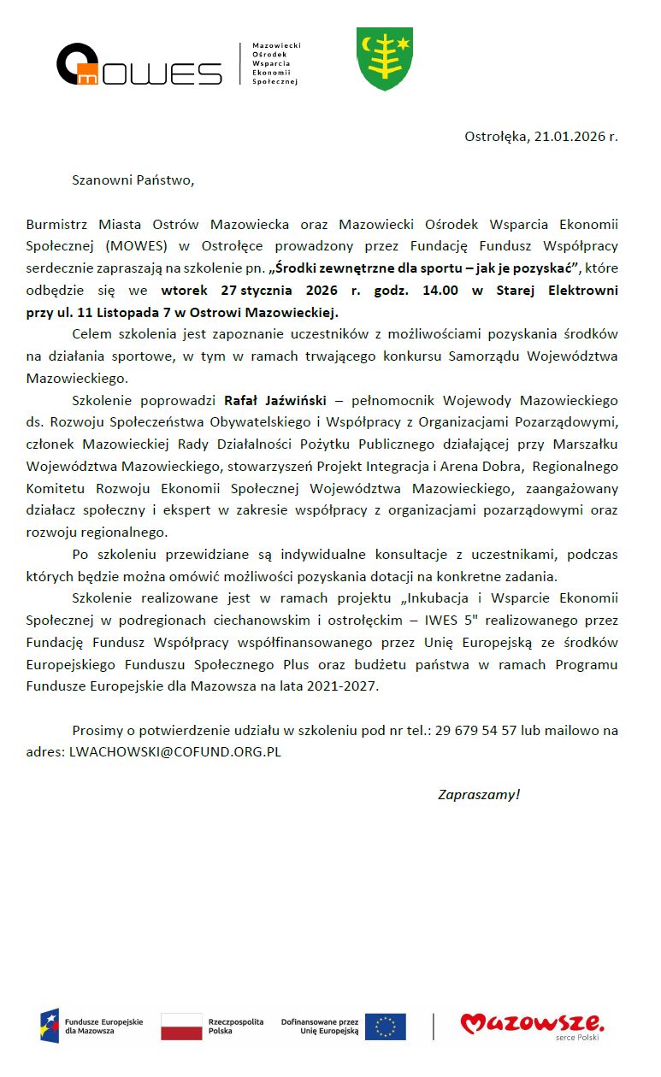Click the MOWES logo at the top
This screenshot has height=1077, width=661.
(x=139, y=65)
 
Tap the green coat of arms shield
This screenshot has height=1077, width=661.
(x=385, y=58)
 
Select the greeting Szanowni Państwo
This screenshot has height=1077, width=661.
(x=133, y=180)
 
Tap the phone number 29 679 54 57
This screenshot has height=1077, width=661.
(x=475, y=731)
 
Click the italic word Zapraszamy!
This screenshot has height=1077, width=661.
(x=478, y=795)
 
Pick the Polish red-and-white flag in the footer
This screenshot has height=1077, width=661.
(x=181, y=1027)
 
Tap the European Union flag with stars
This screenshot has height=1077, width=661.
(x=385, y=1027)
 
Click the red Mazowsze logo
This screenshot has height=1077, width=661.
(x=532, y=1023)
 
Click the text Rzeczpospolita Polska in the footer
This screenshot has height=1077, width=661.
(x=236, y=1027)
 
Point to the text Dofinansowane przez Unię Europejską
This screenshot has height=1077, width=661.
(x=319, y=1027)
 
